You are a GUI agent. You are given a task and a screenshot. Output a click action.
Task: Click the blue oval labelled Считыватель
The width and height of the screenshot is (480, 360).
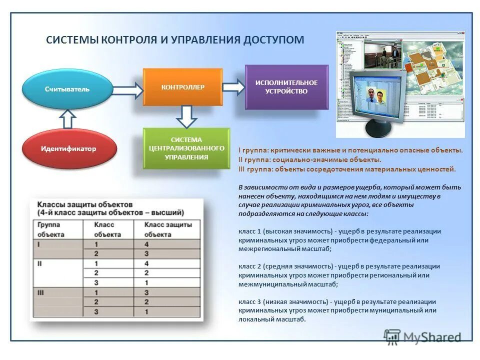coord(67,89)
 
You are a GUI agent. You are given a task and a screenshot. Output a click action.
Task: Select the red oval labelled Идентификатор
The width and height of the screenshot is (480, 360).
coord(69,148)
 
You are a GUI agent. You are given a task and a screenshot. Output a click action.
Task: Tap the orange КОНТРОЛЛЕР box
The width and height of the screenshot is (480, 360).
coord(182,87)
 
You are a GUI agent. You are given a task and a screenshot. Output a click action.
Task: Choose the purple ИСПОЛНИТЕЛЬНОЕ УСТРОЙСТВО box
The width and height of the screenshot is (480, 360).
coord(286,87)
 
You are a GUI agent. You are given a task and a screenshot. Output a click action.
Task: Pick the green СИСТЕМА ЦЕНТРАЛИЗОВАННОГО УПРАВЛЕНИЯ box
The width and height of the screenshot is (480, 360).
coord(186,148)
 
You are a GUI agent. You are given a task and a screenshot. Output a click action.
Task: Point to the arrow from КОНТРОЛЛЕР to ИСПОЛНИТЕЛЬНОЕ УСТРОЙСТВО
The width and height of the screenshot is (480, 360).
coord(233,87)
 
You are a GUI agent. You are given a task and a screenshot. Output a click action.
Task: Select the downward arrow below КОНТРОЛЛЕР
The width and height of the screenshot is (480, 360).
coord(186,116)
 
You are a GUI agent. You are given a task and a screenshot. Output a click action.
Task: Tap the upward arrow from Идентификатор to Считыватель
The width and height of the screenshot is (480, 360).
coord(68,119)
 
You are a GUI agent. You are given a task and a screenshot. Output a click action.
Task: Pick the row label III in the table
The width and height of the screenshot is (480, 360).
coord(40,292)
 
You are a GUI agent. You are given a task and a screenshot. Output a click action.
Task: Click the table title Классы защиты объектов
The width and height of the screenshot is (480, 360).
coord(85,205)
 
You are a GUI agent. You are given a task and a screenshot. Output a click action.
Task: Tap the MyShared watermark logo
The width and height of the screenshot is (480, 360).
coord(423,337)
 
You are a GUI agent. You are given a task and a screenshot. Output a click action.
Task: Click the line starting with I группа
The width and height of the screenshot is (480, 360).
coord(350,150)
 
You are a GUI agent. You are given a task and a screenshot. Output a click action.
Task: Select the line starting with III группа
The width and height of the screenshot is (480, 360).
coord(347,169)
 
